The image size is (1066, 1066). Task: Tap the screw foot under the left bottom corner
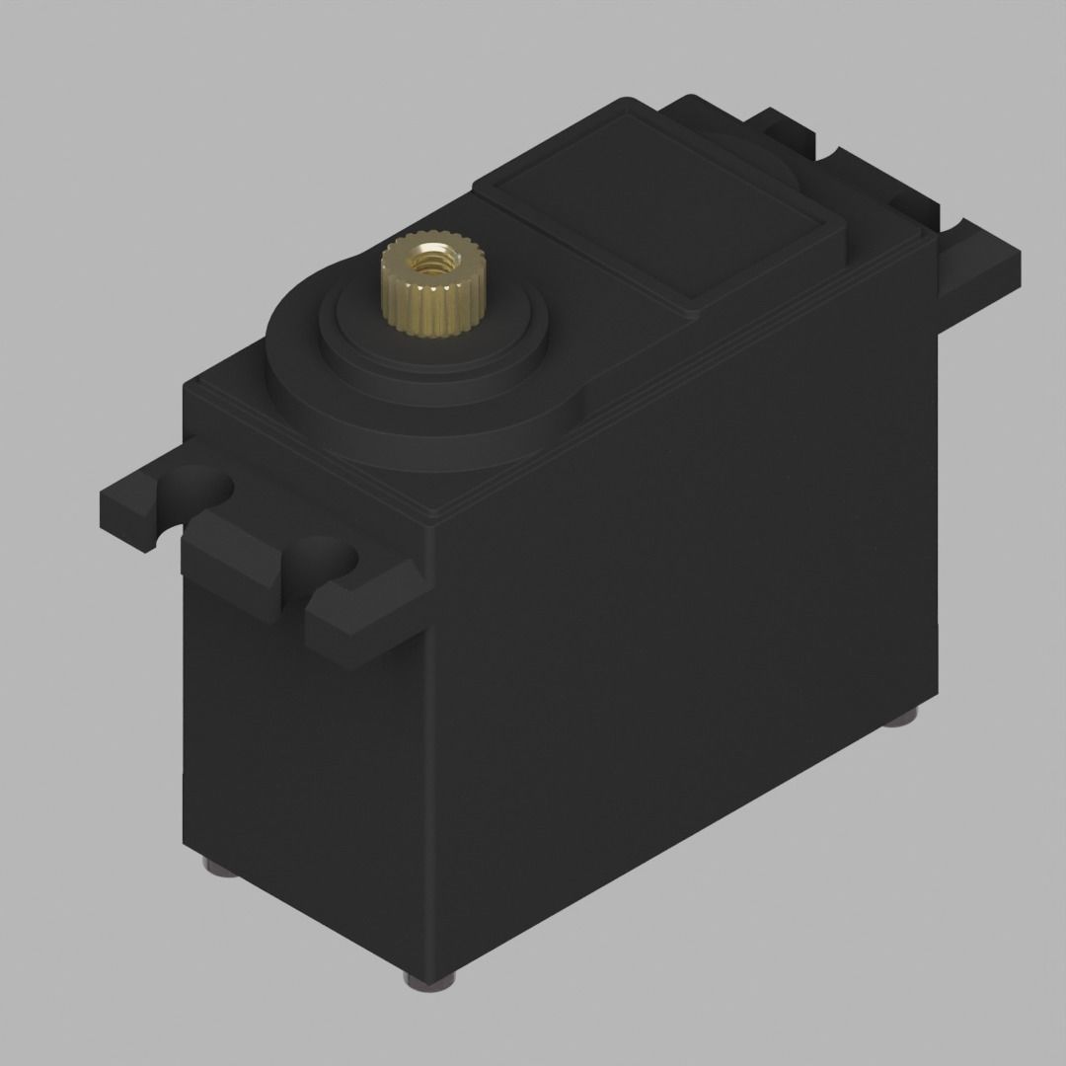pos(219,867)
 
